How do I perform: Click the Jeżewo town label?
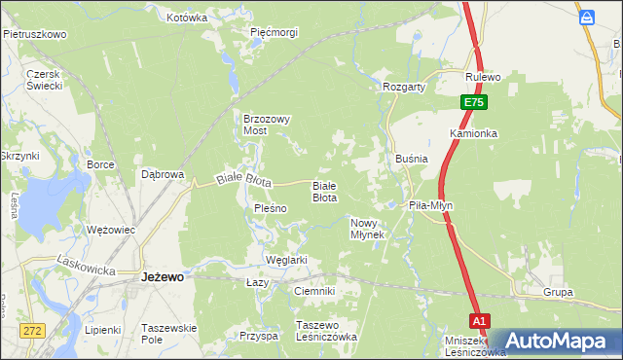click(x=163, y=276)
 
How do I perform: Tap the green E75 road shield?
click(x=472, y=101)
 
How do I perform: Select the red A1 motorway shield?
click(x=478, y=320)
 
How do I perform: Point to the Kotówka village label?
click(x=187, y=18)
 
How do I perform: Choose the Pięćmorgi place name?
click(x=274, y=32)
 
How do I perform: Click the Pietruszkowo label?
click(x=35, y=34)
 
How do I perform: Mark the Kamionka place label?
click(x=474, y=132)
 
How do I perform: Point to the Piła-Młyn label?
click(x=430, y=205)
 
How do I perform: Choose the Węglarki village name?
click(x=286, y=260)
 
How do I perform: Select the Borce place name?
click(x=101, y=165)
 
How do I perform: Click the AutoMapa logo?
click(x=559, y=341)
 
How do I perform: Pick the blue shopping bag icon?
click(x=587, y=18)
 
